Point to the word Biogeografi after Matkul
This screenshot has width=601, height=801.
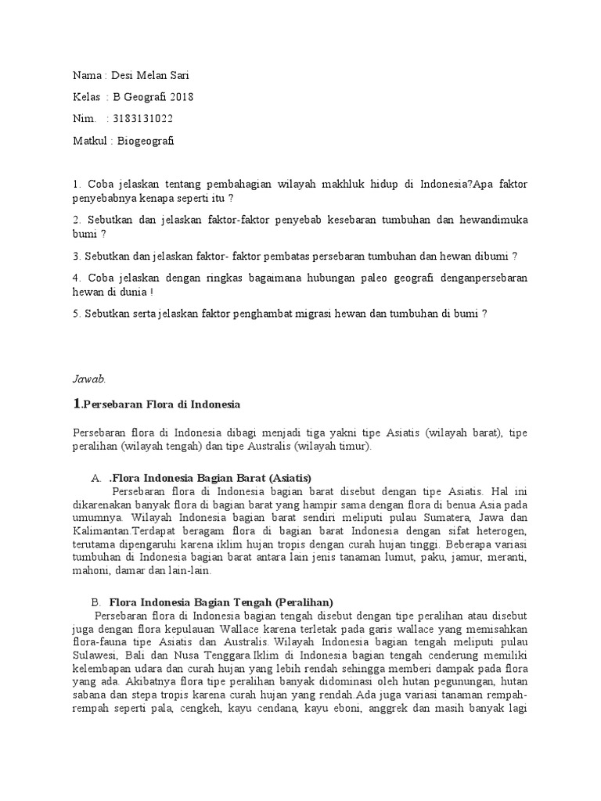(146, 141)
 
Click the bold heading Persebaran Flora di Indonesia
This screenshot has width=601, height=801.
(162, 404)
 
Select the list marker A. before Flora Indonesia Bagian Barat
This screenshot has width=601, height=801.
(96, 477)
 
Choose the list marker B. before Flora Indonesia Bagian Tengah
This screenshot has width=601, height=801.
(96, 602)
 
